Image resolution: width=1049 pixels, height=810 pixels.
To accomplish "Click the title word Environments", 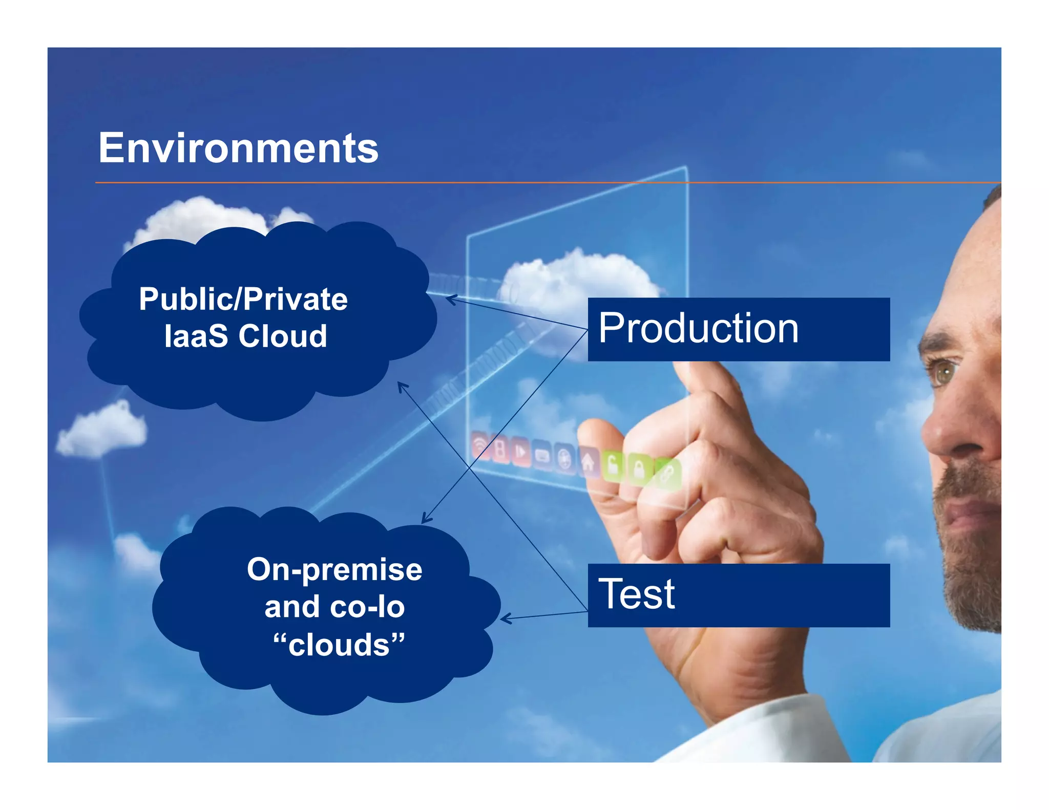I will tap(238, 148).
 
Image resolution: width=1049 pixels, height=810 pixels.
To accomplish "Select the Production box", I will tap(738, 329).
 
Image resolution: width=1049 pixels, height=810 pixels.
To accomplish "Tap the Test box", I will tap(738, 595).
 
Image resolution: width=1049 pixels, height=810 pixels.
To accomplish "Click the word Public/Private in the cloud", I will tap(243, 299).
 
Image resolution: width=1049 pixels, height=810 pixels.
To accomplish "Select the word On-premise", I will tap(334, 569).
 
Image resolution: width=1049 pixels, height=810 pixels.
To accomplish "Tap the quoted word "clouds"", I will tap(339, 644).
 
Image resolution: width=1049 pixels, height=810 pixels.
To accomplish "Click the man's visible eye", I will tap(946, 372).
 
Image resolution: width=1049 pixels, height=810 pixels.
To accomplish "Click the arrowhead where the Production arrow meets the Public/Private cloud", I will tap(448, 299).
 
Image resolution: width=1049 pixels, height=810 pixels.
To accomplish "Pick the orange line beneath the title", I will tap(512, 182).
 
